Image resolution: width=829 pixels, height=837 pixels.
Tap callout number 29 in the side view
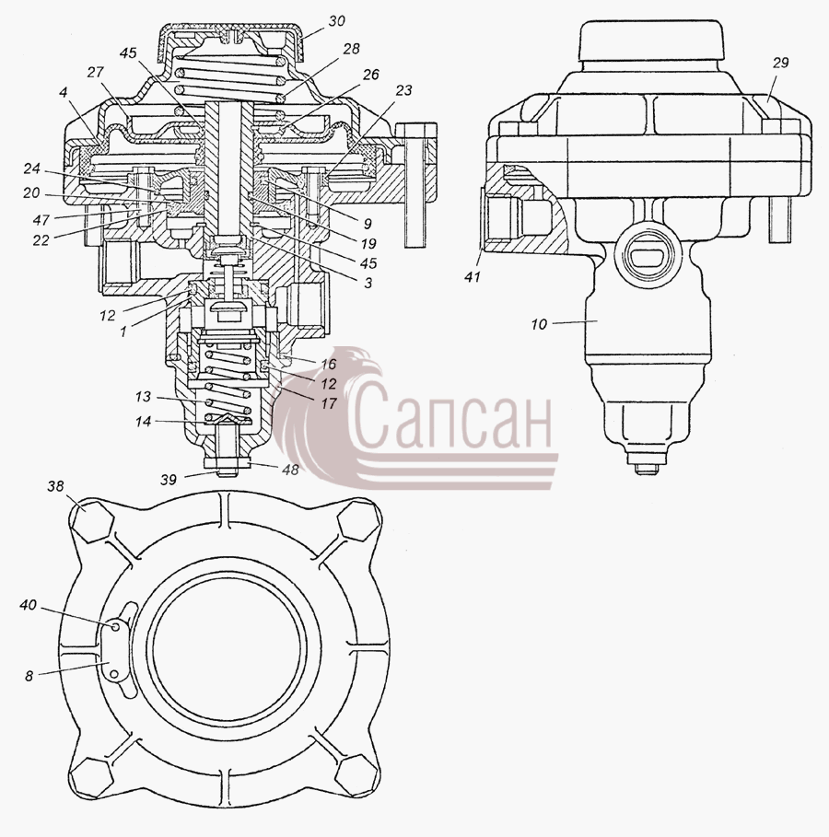tap(780, 63)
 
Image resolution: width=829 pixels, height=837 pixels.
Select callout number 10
tap(539, 324)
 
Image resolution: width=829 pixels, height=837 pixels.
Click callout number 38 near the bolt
tap(55, 486)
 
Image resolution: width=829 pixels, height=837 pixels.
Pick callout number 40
tap(29, 605)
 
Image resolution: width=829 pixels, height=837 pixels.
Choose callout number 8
tap(29, 676)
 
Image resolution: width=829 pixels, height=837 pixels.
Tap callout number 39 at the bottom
tap(169, 480)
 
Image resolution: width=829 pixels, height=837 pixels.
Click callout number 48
tap(291, 470)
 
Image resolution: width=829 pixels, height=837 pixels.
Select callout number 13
tap(143, 397)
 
